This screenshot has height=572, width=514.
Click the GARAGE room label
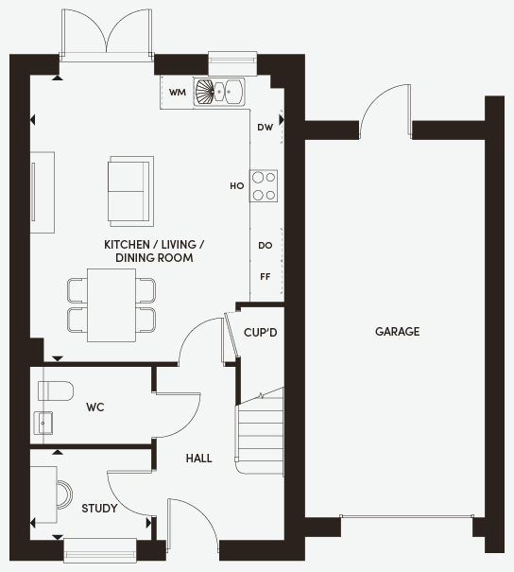pos(398,332)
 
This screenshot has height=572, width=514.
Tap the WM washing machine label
pos(178,93)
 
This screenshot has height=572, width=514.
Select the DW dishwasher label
pos(265,128)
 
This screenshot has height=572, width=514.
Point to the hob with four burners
pos(264,186)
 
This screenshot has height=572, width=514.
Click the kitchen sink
pos(219,92)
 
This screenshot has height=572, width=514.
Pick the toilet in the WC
pos(56,390)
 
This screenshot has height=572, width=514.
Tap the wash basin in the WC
pos(43,424)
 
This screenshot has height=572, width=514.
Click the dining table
pos(111,305)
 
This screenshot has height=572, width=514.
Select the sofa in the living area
pos(130,192)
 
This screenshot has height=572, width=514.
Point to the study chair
pos(65,494)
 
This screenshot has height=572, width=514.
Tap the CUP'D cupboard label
pos(260,333)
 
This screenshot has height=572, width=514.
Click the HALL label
pos(198,459)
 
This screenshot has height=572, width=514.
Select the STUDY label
pos(99,508)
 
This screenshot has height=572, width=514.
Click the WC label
pos(95,407)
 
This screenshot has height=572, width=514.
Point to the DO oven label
pos(265,246)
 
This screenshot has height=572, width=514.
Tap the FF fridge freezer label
pos(265,277)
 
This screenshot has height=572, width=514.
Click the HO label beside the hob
pos(236,186)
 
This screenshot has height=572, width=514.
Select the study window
pos(100,549)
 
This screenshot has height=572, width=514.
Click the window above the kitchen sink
pos(232,63)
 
